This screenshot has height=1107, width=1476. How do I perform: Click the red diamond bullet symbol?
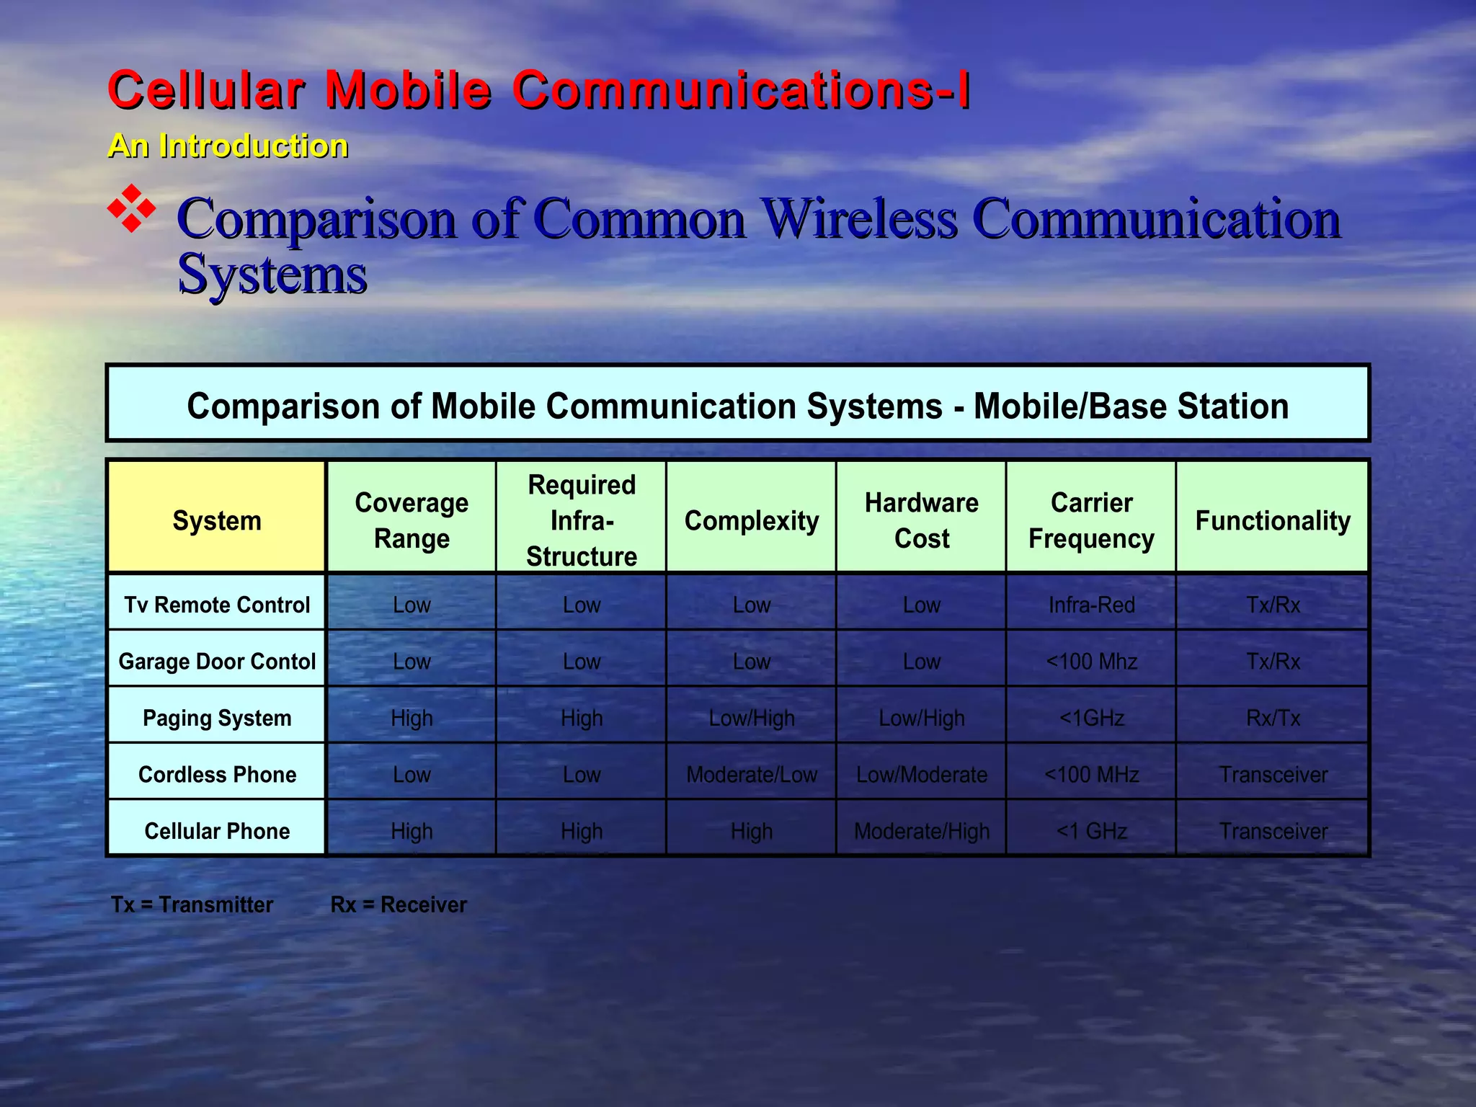[132, 209]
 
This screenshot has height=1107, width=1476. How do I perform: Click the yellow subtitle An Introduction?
[228, 146]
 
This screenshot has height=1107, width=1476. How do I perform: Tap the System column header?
[217, 520]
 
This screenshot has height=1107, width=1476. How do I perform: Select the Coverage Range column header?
[412, 520]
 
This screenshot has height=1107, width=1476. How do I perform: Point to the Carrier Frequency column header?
[1091, 520]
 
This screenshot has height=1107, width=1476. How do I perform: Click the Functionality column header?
[1273, 520]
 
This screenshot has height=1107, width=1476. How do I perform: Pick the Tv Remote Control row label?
[217, 605]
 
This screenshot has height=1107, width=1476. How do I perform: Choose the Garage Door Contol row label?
[217, 661]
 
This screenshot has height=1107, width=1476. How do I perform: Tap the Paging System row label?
[217, 718]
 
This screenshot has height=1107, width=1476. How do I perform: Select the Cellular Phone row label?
[217, 831]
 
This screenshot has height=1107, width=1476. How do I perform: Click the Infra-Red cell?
[1091, 605]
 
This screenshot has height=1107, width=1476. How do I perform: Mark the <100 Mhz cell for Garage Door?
[1091, 661]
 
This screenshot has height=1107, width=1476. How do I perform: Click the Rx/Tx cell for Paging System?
[1273, 718]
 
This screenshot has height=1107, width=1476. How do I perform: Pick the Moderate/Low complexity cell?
[752, 775]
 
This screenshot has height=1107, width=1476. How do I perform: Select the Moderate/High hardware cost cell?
[922, 831]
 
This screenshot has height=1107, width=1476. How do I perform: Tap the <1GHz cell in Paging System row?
[1091, 718]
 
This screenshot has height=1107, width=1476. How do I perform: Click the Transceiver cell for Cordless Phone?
[1273, 775]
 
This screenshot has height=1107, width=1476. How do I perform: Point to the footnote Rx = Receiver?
[399, 904]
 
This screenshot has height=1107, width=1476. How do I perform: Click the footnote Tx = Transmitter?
[192, 904]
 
